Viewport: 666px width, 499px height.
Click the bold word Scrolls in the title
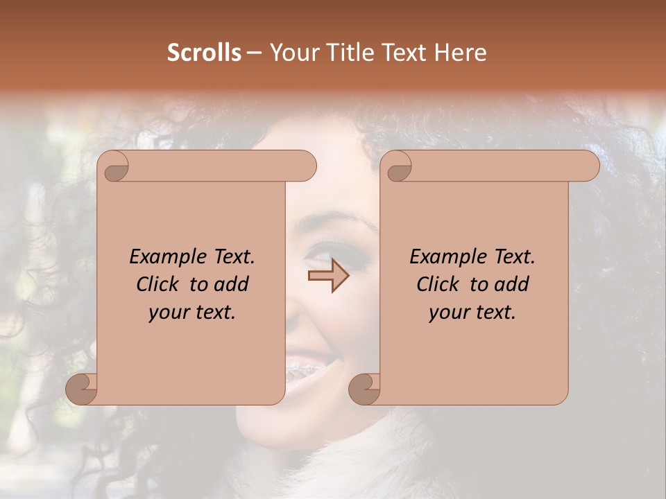point(205,52)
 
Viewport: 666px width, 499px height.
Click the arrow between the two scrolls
point(329,276)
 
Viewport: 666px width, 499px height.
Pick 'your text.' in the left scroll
point(192,312)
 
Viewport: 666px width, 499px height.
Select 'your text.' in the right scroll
point(472,312)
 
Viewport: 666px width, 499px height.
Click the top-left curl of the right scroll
point(398,167)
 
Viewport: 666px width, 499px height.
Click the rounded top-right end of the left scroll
point(306,166)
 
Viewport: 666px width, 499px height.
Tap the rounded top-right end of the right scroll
point(589,166)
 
